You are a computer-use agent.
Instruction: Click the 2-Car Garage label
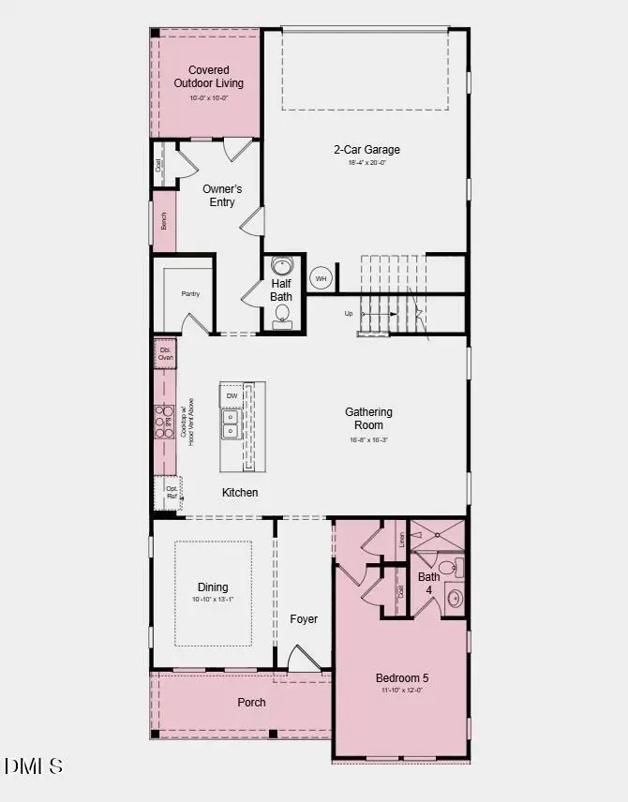click(x=366, y=149)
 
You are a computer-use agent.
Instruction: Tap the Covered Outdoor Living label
click(x=208, y=77)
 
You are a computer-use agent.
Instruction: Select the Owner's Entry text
click(x=222, y=195)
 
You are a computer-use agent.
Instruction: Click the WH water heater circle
click(x=321, y=278)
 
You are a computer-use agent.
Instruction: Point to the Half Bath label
click(x=282, y=290)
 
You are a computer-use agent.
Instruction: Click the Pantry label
click(x=190, y=294)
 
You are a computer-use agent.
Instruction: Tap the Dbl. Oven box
click(x=165, y=353)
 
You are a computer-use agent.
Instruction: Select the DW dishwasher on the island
click(x=232, y=396)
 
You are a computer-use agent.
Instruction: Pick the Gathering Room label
click(x=368, y=419)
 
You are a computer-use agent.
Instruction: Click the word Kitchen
click(x=240, y=493)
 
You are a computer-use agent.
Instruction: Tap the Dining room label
click(x=212, y=587)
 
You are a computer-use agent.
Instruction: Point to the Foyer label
click(x=304, y=619)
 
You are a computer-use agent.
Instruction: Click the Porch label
click(x=251, y=702)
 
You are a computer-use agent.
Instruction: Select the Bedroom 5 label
click(x=402, y=678)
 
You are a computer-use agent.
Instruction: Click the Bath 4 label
click(x=428, y=583)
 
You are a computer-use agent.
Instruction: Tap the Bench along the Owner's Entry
click(x=164, y=221)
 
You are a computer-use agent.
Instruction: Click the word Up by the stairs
click(x=349, y=314)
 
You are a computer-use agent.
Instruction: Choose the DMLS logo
click(x=34, y=765)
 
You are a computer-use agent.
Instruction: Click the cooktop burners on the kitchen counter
click(x=164, y=421)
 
